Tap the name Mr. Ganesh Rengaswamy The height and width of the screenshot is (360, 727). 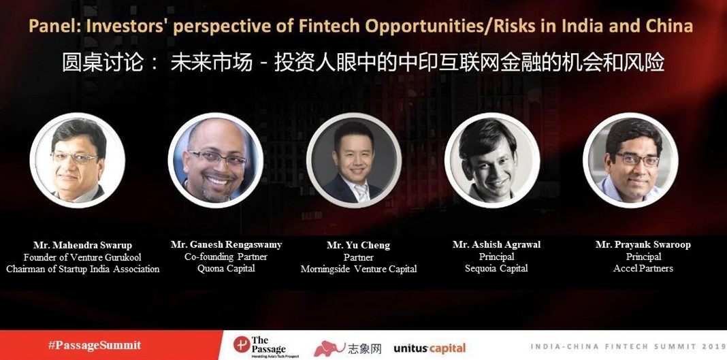(x=226, y=244)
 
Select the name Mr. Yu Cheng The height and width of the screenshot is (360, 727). (x=359, y=245)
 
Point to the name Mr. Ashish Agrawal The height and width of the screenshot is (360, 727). (x=496, y=244)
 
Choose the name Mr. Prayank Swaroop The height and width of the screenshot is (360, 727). (x=643, y=244)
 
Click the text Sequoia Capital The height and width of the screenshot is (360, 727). (x=496, y=268)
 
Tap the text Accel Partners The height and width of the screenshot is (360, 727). (x=643, y=268)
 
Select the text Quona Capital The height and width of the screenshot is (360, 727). (x=226, y=268)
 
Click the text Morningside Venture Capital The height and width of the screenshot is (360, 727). (x=359, y=269)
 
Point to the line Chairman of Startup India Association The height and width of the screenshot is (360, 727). (x=83, y=269)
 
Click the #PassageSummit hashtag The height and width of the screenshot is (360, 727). (x=95, y=345)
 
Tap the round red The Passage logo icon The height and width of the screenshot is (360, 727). (x=241, y=345)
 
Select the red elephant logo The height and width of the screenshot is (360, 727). (x=329, y=348)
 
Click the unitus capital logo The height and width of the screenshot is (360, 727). (x=430, y=348)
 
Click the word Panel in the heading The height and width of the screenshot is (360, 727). (x=51, y=26)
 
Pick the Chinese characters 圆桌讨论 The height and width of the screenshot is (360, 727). (x=103, y=63)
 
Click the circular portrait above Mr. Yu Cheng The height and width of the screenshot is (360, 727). (x=354, y=160)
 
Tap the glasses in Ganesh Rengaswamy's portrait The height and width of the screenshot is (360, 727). (x=217, y=159)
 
